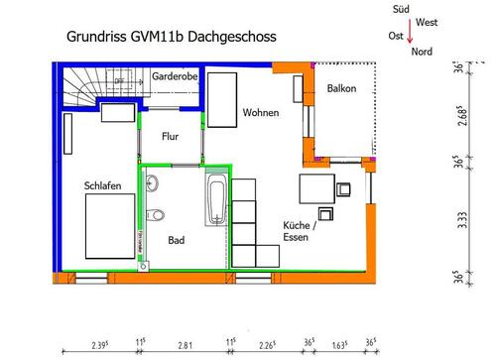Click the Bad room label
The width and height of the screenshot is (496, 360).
[176, 239]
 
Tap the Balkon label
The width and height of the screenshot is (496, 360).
[341, 89]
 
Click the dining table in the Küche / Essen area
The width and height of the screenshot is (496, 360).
[318, 187]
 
